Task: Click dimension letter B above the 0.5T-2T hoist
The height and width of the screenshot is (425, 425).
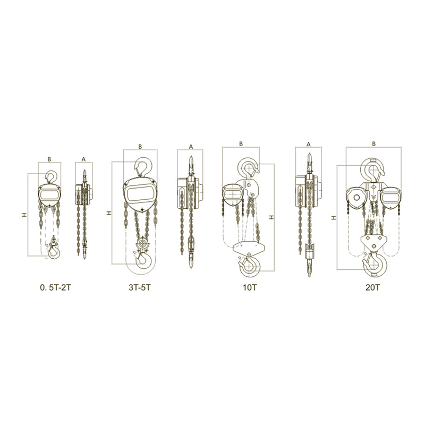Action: pos(49,158)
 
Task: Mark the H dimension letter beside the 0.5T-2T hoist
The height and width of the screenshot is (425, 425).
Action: pos(24,215)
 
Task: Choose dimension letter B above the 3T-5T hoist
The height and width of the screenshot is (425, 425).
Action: pos(140,146)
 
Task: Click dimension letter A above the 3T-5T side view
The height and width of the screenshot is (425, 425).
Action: pos(191,146)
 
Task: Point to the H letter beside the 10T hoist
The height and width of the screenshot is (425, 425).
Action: pos(273,217)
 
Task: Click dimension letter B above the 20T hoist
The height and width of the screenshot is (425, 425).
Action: pos(375,143)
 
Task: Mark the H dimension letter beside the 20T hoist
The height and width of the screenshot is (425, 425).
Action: pos(333,217)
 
